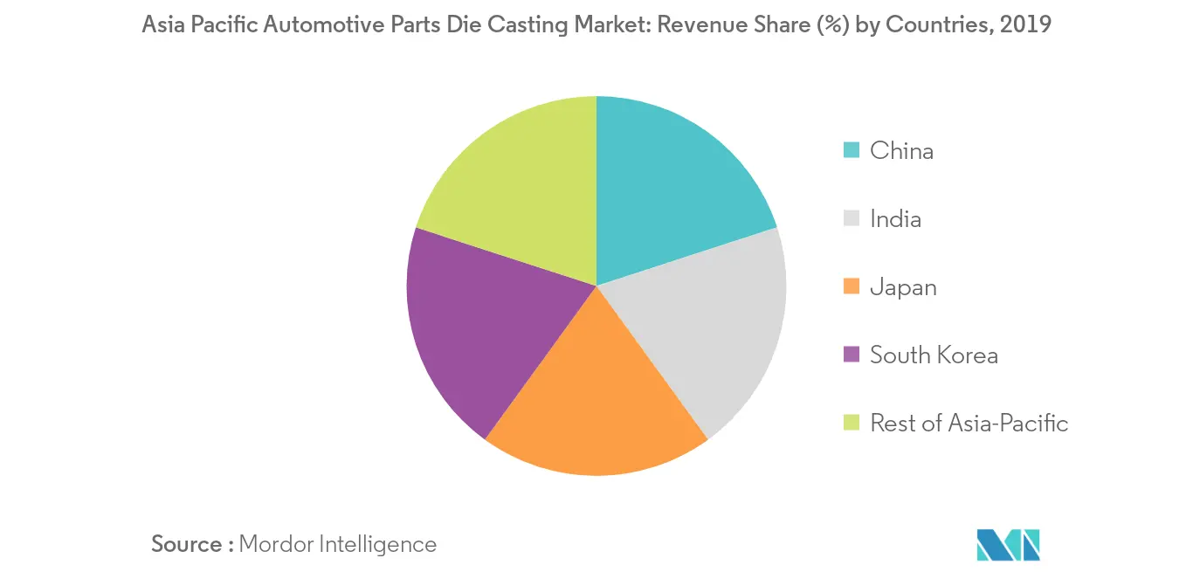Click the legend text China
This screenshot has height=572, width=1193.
click(901, 150)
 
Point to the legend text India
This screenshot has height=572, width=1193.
click(895, 218)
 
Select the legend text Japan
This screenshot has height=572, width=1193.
click(903, 286)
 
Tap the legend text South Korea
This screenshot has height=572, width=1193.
click(934, 355)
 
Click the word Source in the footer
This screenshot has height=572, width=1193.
click(187, 544)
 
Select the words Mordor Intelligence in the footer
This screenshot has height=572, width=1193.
click(337, 544)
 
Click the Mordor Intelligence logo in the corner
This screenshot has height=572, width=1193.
click(1009, 544)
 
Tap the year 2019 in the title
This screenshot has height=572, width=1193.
click(1026, 25)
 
